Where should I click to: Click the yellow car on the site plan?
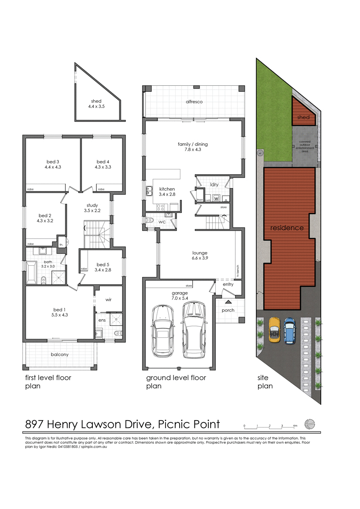(x=274, y=330)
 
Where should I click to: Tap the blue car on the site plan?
(x=289, y=331)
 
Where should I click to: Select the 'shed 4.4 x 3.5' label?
(x=96, y=104)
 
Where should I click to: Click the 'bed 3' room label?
(x=52, y=164)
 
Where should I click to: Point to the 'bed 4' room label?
(x=103, y=164)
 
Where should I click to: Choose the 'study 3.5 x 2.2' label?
(x=92, y=208)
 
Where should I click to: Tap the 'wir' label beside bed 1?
(x=109, y=300)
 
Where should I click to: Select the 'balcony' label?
(x=60, y=354)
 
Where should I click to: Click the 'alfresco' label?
(x=194, y=102)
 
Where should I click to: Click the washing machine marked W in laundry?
(x=216, y=199)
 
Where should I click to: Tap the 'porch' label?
(x=228, y=310)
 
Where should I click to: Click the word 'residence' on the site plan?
(x=287, y=228)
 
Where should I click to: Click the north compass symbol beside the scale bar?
(x=310, y=423)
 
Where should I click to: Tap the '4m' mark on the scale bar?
(x=295, y=425)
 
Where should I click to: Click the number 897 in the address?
(x=35, y=424)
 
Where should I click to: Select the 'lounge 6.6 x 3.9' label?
(x=200, y=256)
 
